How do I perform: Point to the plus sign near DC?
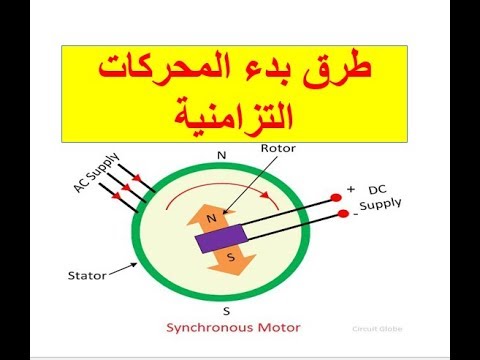(x=350, y=189)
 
